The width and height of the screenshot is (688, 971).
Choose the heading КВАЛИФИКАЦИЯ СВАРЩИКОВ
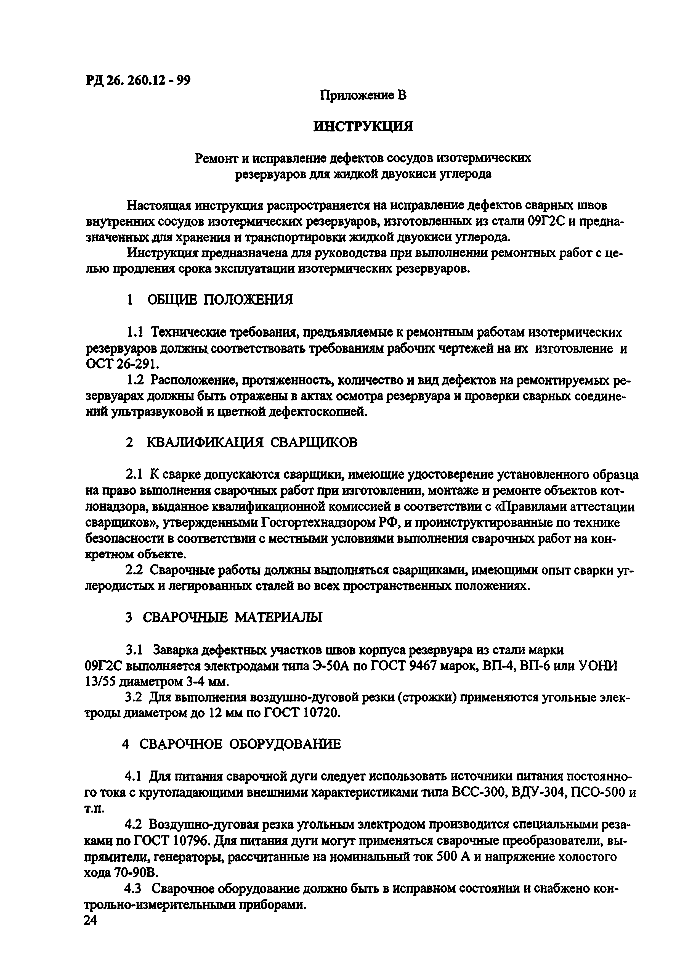click(x=252, y=442)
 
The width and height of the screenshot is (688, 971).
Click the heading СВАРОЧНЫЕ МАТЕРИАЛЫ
click(x=232, y=617)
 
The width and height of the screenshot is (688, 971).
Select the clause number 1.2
click(x=136, y=380)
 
